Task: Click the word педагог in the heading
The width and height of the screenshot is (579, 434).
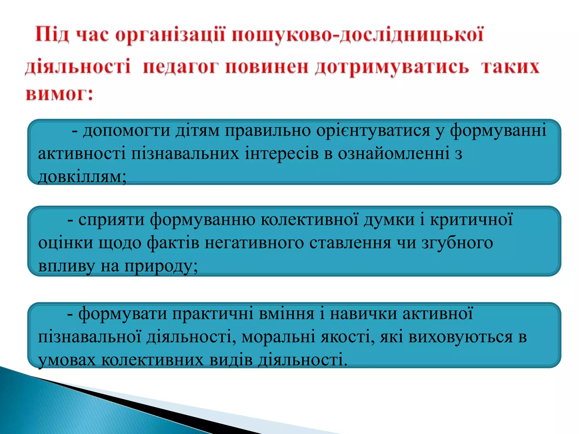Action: [x=180, y=67]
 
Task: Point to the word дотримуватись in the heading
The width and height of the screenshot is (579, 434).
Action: [x=392, y=67]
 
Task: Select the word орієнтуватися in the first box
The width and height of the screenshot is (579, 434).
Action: [x=373, y=131]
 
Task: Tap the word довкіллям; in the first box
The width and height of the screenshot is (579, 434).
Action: [x=82, y=177]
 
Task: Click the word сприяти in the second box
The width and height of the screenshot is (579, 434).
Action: [x=111, y=220]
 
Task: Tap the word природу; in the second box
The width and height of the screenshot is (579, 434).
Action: [x=161, y=266]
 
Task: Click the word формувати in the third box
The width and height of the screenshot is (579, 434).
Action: [x=123, y=314]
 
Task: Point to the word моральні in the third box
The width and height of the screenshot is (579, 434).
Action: [x=278, y=337]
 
